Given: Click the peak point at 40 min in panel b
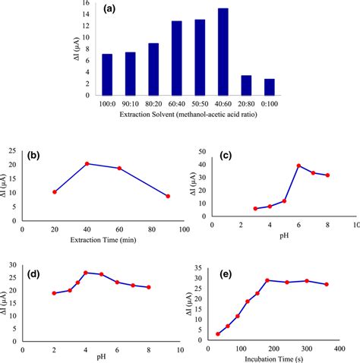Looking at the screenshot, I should point(87,163).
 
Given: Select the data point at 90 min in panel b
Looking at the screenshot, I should point(168,196).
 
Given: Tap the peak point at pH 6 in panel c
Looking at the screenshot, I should point(298,166).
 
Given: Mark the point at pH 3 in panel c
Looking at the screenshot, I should point(255,208).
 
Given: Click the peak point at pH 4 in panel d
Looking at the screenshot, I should point(86,273).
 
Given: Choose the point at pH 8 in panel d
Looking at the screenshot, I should point(148,287).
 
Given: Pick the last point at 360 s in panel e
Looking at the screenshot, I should point(326,284).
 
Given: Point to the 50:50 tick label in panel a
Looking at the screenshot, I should point(200,102).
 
